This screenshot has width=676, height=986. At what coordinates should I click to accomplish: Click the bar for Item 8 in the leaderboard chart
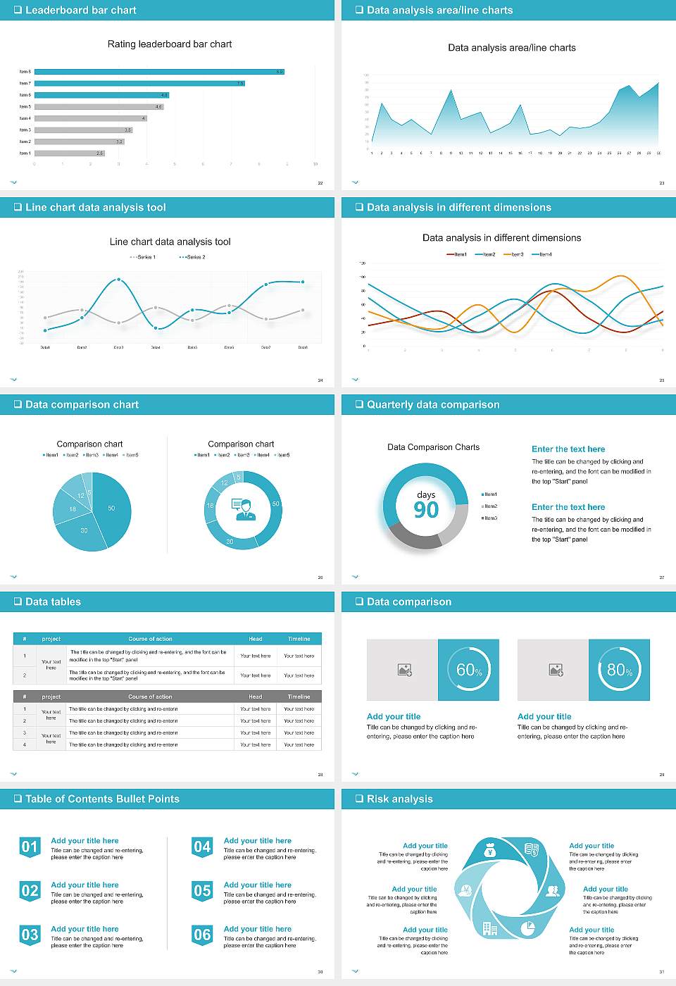click(158, 72)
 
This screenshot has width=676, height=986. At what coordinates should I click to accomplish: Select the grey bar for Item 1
click(69, 153)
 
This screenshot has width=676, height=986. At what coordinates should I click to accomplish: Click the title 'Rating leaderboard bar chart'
click(170, 44)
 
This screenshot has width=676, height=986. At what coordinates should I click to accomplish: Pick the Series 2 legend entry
click(192, 257)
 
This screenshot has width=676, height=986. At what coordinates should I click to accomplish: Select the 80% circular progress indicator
click(619, 670)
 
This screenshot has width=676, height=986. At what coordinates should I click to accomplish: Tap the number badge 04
click(202, 847)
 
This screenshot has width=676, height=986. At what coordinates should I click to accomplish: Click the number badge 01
click(30, 847)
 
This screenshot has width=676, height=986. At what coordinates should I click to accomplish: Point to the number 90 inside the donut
click(426, 510)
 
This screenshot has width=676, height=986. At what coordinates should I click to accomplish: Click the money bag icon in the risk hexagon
click(491, 851)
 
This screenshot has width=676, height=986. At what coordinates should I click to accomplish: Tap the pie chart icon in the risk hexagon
click(528, 929)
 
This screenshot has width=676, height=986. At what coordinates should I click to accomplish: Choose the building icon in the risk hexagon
click(489, 929)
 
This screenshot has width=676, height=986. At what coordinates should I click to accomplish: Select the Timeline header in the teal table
click(299, 639)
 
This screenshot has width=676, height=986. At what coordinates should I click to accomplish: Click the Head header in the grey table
click(255, 697)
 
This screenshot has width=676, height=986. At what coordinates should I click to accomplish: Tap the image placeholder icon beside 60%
click(404, 670)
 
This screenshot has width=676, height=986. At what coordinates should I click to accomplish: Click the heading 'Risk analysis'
click(399, 799)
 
